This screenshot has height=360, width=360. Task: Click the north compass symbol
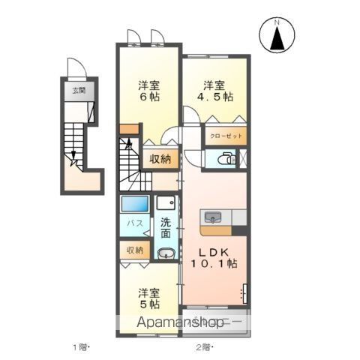(x=277, y=34)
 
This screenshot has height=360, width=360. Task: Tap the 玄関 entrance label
(x=79, y=91)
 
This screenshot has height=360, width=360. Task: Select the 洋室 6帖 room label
(x=149, y=91)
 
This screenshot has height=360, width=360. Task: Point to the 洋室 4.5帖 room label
(x=215, y=91)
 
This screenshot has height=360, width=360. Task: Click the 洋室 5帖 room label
(x=149, y=298)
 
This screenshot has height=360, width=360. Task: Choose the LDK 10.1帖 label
(x=214, y=258)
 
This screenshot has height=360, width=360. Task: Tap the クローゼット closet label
(x=226, y=136)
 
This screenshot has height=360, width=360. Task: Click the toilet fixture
(x=226, y=158)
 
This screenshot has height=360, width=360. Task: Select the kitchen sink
(x=213, y=217)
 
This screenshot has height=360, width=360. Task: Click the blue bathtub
(x=135, y=204)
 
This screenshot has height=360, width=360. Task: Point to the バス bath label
(x=135, y=223)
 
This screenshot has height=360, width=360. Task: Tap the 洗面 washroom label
(x=166, y=227)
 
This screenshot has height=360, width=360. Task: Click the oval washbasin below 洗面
(x=166, y=253)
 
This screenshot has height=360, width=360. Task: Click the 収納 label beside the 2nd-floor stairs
(x=160, y=159)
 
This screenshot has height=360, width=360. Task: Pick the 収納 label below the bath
(x=135, y=250)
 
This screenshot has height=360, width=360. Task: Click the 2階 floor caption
(x=204, y=347)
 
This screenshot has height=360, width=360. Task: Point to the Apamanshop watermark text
(x=180, y=322)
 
